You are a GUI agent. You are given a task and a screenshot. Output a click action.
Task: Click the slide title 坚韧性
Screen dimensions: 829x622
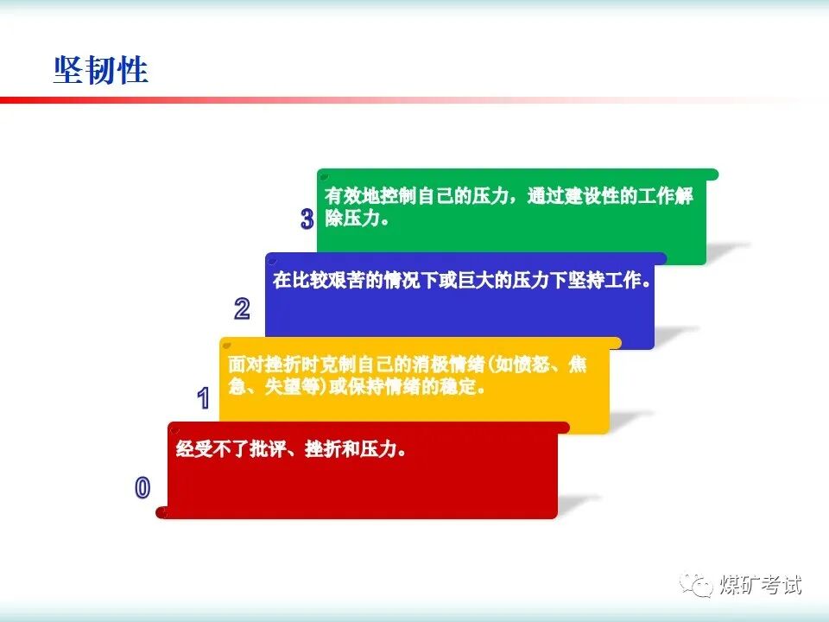pos(100,70)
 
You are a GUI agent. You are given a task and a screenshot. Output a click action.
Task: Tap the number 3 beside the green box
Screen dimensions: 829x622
pos(307,219)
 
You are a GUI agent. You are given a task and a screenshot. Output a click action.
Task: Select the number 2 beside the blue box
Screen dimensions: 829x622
pos(242,308)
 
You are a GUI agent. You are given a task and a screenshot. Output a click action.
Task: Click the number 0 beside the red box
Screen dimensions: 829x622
pos(142,487)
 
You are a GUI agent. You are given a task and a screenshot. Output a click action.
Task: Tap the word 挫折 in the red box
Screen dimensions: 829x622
pos(323,449)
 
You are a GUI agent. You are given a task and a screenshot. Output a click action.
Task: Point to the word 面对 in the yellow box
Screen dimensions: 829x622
pos(246,365)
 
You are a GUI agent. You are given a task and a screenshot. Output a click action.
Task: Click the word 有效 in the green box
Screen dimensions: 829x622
pos(343,196)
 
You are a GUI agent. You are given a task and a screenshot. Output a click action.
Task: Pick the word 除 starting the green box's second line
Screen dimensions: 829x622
pos(333,218)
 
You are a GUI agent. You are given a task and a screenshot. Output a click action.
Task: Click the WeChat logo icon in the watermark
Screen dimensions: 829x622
pos(696,585)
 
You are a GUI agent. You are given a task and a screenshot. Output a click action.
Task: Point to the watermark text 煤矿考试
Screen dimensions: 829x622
pos(760,585)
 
